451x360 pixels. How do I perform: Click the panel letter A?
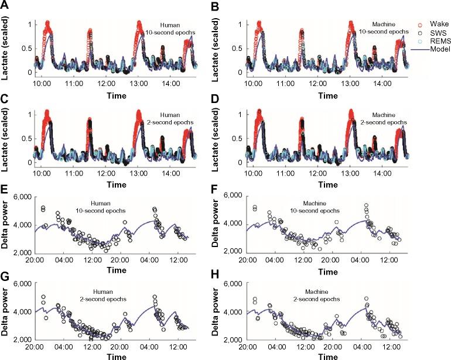click(5, 6)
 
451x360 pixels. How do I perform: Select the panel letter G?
click(5, 274)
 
